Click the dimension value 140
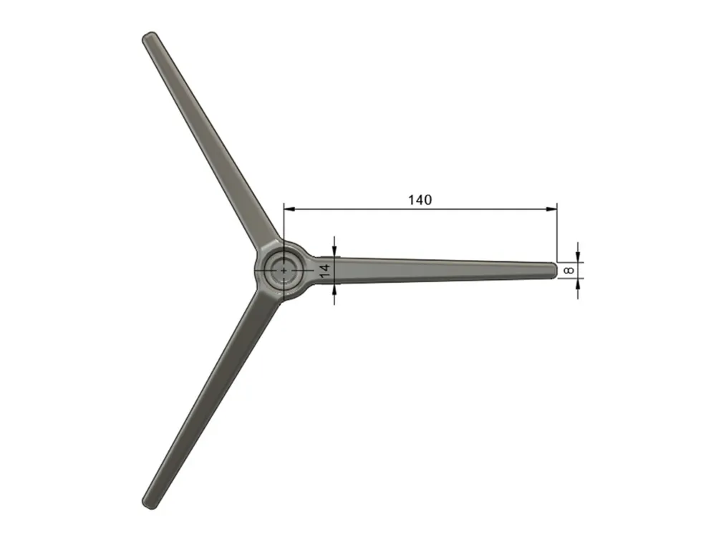[x=420, y=200]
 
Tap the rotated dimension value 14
[x=324, y=271]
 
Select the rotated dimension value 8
[x=569, y=271]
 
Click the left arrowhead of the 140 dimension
[x=289, y=209]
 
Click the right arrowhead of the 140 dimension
[x=551, y=209]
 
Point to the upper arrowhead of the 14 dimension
[x=334, y=251]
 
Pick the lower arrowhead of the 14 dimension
[x=334, y=289]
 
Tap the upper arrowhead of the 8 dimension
[x=578, y=257]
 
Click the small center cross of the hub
[x=284, y=271]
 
